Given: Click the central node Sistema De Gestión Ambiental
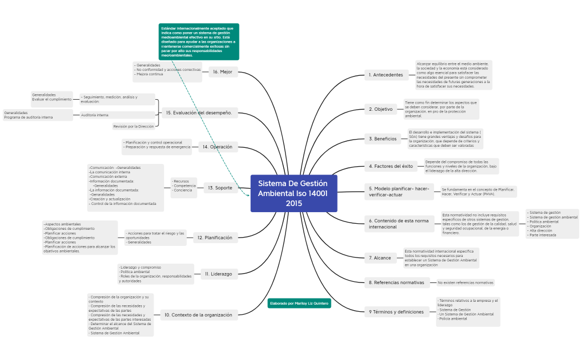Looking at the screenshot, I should tap(293, 193).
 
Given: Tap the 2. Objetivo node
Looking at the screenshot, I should tap(381, 109).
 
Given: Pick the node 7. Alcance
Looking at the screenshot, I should tap(380, 258).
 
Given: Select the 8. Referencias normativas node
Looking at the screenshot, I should tap(396, 282).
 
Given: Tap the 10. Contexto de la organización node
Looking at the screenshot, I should tap(198, 315).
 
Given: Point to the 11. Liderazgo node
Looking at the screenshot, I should tap(218, 274).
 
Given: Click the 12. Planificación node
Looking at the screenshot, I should tap(215, 238).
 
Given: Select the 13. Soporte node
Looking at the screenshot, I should tap(220, 188).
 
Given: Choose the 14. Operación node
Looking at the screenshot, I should tap(217, 147).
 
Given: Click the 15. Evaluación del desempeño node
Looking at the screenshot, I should tap(199, 113).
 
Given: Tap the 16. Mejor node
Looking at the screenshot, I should tap(223, 71).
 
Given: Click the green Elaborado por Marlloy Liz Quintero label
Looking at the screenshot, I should tap(299, 304).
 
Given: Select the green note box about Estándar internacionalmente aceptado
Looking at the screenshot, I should tap(198, 42).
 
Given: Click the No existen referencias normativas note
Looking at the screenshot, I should tap(465, 282).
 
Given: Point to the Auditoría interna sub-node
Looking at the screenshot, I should tap(95, 115).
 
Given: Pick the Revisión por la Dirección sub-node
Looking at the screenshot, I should tap(134, 126).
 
